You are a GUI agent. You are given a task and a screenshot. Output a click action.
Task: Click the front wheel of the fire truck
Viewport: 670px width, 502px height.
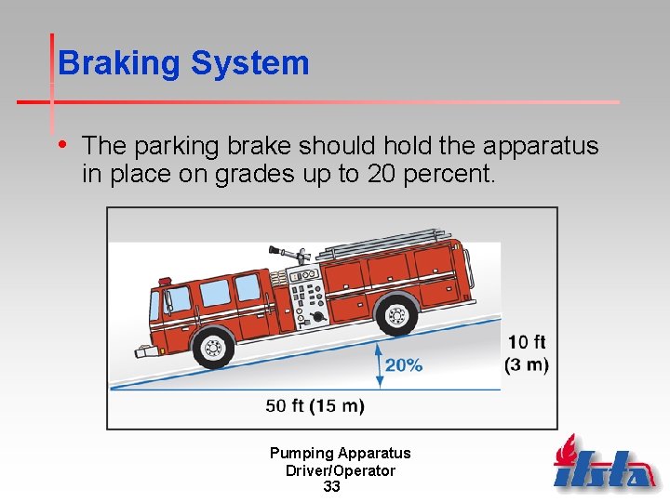coord(214,347)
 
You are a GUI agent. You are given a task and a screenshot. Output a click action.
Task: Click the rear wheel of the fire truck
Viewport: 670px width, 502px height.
coord(397,315)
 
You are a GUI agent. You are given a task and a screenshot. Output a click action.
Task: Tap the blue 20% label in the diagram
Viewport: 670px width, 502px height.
coord(403,365)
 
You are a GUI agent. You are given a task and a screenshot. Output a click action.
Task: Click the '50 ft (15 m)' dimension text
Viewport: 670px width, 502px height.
coord(315,406)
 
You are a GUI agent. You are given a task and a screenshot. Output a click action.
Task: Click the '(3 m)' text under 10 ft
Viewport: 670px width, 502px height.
coord(526,363)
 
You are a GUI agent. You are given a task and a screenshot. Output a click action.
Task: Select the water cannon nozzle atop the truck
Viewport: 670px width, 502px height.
coord(288,252)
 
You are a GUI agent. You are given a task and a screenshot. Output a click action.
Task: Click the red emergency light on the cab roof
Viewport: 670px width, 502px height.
coord(165,280)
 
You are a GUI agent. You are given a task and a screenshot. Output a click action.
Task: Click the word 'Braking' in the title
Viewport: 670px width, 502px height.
coord(119,63)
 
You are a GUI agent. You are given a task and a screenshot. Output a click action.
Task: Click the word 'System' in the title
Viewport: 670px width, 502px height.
coord(249,63)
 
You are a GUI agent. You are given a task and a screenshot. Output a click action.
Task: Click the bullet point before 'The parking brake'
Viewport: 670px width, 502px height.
coord(62,144)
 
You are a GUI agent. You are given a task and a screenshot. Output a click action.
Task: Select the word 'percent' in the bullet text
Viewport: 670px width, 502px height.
coord(450,174)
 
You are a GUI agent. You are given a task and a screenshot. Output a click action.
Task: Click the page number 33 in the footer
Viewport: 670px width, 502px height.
coord(331,487)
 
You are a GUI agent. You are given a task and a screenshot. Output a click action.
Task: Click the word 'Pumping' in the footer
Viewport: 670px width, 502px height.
coord(301,454)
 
